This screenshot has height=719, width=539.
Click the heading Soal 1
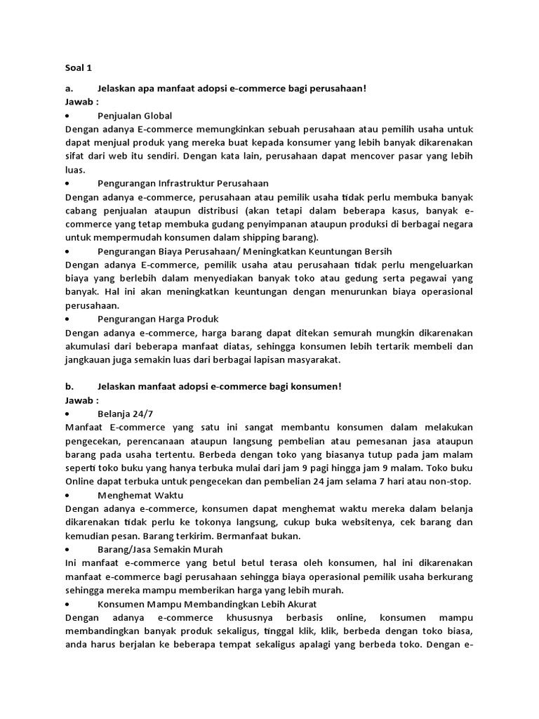78,68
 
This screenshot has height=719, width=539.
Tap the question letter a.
69,89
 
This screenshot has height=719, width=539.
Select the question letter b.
69,387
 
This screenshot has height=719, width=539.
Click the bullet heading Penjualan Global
135,115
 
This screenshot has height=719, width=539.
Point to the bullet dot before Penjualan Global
67,115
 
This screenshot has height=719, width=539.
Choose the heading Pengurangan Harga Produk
148,319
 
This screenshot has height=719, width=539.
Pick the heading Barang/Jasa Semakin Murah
160,549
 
